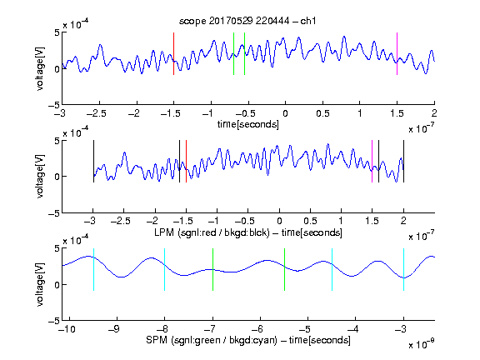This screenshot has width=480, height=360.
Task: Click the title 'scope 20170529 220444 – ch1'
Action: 247,21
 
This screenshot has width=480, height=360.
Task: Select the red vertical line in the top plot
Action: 173,53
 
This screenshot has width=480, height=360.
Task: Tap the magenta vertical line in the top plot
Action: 397,53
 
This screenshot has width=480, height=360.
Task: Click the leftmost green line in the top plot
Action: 233,53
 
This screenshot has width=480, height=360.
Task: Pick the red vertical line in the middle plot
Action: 186,162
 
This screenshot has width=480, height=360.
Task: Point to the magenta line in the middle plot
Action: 372,162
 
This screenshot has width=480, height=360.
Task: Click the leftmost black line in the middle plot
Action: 93,162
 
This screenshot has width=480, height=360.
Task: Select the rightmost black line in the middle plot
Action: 404,162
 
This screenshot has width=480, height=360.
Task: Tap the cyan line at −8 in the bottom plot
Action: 165,269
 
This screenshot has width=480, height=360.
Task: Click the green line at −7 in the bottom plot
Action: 212,269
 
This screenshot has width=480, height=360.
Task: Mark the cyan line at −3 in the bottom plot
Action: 404,269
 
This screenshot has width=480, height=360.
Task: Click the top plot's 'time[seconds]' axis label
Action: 248,124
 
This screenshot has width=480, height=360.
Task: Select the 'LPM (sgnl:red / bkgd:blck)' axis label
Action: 212,232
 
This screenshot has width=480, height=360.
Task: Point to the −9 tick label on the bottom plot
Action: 114,329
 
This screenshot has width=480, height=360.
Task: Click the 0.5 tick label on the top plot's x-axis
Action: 322,113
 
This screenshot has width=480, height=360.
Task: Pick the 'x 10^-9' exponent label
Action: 421,344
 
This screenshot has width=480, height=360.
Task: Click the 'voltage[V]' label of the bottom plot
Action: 40,284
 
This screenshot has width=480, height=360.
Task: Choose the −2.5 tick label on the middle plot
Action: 121,221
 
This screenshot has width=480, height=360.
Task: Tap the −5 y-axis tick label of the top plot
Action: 54,105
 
